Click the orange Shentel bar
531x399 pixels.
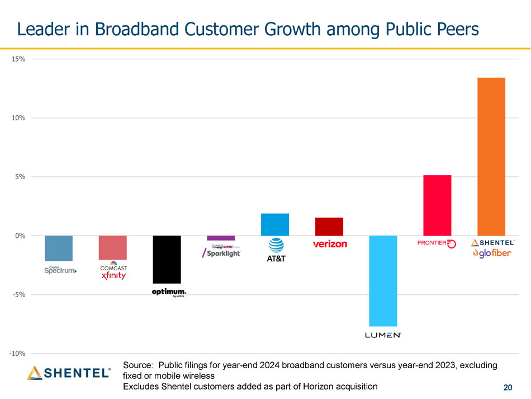coord(491,156)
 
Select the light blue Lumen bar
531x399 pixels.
coord(383,280)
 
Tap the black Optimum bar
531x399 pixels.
coord(167,259)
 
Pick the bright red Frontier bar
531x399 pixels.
coord(437,205)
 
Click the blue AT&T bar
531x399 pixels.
coord(275,224)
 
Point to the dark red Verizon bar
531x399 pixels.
coord(329,226)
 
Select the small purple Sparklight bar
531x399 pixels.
coord(221,238)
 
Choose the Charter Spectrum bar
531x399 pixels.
coord(59,248)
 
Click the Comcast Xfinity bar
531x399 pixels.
coord(113,247)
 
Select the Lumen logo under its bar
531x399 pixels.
coord(383,335)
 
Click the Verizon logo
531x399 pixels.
coord(330,244)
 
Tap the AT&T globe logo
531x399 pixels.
coord(276,246)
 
